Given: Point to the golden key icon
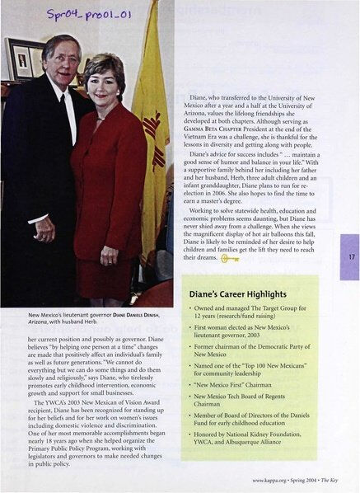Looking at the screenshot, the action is click(x=229, y=259).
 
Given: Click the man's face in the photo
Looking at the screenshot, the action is click(x=65, y=59).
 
